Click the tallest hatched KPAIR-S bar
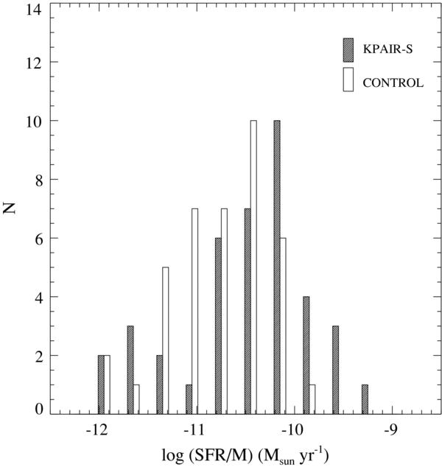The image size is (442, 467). [277, 267]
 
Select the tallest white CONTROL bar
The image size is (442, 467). [253, 267]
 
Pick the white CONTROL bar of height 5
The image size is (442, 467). [166, 341]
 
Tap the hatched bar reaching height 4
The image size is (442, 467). [306, 355]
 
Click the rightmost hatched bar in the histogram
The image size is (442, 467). [365, 399]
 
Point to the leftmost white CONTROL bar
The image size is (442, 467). [107, 385]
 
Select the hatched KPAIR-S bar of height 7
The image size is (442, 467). [248, 312]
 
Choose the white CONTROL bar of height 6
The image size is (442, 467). [283, 326]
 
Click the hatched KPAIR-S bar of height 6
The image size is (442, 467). [218, 326]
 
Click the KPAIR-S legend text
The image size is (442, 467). [387, 49]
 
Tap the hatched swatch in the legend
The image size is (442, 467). [348, 50]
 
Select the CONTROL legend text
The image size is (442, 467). [393, 82]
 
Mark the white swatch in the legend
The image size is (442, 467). [348, 80]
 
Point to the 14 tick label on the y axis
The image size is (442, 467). [33, 10]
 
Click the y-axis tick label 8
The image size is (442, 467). [38, 180]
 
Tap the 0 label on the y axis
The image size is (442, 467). [39, 410]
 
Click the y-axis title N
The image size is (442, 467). [10, 208]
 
